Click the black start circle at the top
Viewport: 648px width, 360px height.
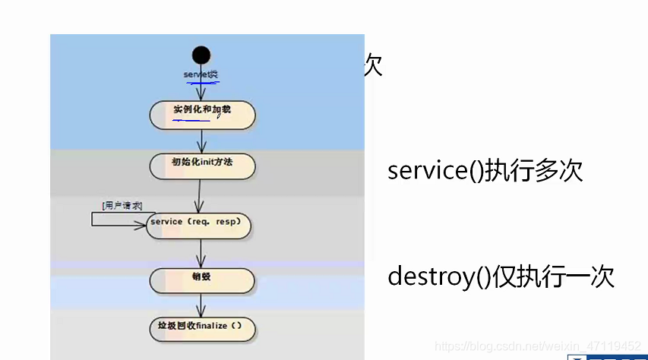pos(201,55)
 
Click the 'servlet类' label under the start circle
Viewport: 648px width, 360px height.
pos(201,74)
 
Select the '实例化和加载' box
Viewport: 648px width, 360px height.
pos(202,114)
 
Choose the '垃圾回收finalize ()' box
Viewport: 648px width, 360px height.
pos(201,329)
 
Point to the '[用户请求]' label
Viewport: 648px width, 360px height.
pos(122,205)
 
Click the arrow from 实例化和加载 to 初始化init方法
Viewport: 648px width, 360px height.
pos(202,141)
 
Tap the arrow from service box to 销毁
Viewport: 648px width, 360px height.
pos(201,252)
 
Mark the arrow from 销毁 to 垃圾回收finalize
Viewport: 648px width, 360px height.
pos(201,304)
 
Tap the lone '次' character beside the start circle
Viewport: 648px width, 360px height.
pos(372,66)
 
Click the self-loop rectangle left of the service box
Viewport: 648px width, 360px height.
pos(114,219)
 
